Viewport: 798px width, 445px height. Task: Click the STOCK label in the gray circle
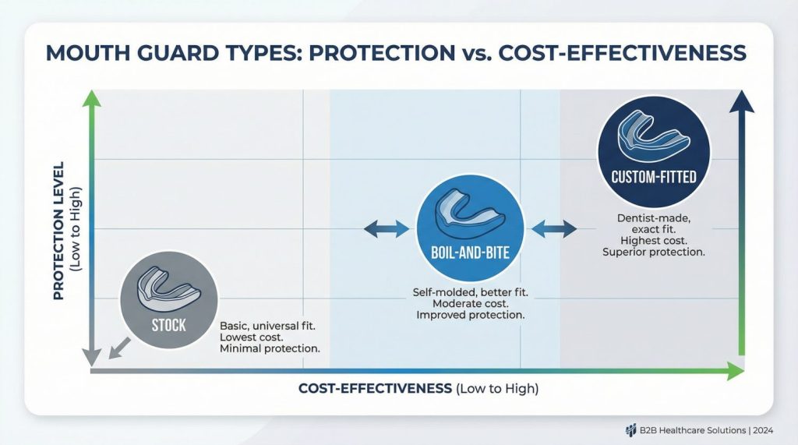(x=168, y=325)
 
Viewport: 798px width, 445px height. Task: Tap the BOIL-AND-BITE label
(x=470, y=253)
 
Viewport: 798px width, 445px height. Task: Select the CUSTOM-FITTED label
(x=654, y=177)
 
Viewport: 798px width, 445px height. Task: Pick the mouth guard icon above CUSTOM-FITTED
(x=654, y=135)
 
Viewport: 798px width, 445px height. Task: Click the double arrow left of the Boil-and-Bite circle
(x=387, y=229)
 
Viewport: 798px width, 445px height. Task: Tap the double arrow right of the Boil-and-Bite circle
(x=554, y=229)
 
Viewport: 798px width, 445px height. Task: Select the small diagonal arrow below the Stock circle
(x=119, y=348)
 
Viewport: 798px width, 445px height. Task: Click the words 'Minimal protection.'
(x=270, y=349)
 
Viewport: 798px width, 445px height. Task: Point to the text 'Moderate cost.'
(x=470, y=304)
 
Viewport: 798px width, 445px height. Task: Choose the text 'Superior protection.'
(x=654, y=252)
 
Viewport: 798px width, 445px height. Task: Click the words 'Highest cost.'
(x=654, y=240)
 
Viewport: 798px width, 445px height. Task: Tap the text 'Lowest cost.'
(x=252, y=337)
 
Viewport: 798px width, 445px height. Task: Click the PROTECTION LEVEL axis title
(x=59, y=231)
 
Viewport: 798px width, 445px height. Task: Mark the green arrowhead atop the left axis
(x=92, y=99)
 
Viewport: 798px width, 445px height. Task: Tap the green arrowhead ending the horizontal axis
(x=736, y=371)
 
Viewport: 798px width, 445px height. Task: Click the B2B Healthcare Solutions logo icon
(x=631, y=431)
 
